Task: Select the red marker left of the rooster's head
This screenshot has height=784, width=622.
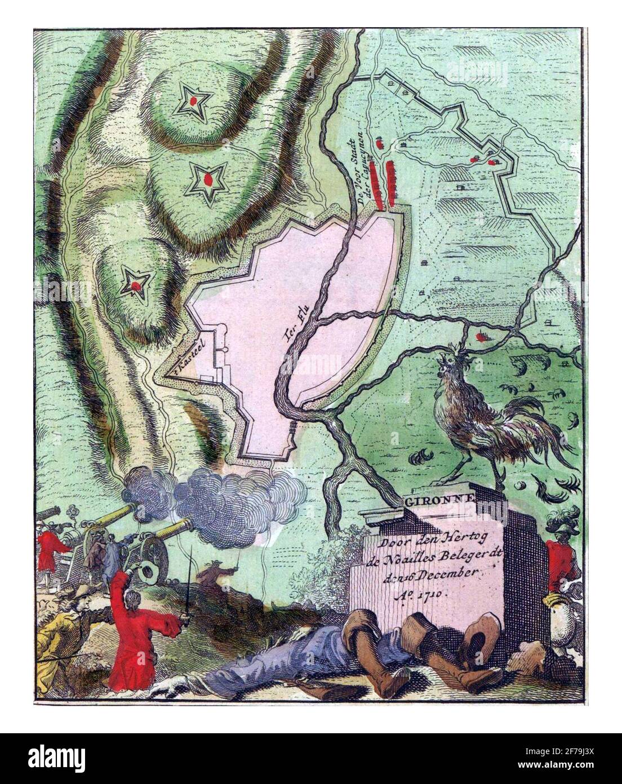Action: pos(480,337)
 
